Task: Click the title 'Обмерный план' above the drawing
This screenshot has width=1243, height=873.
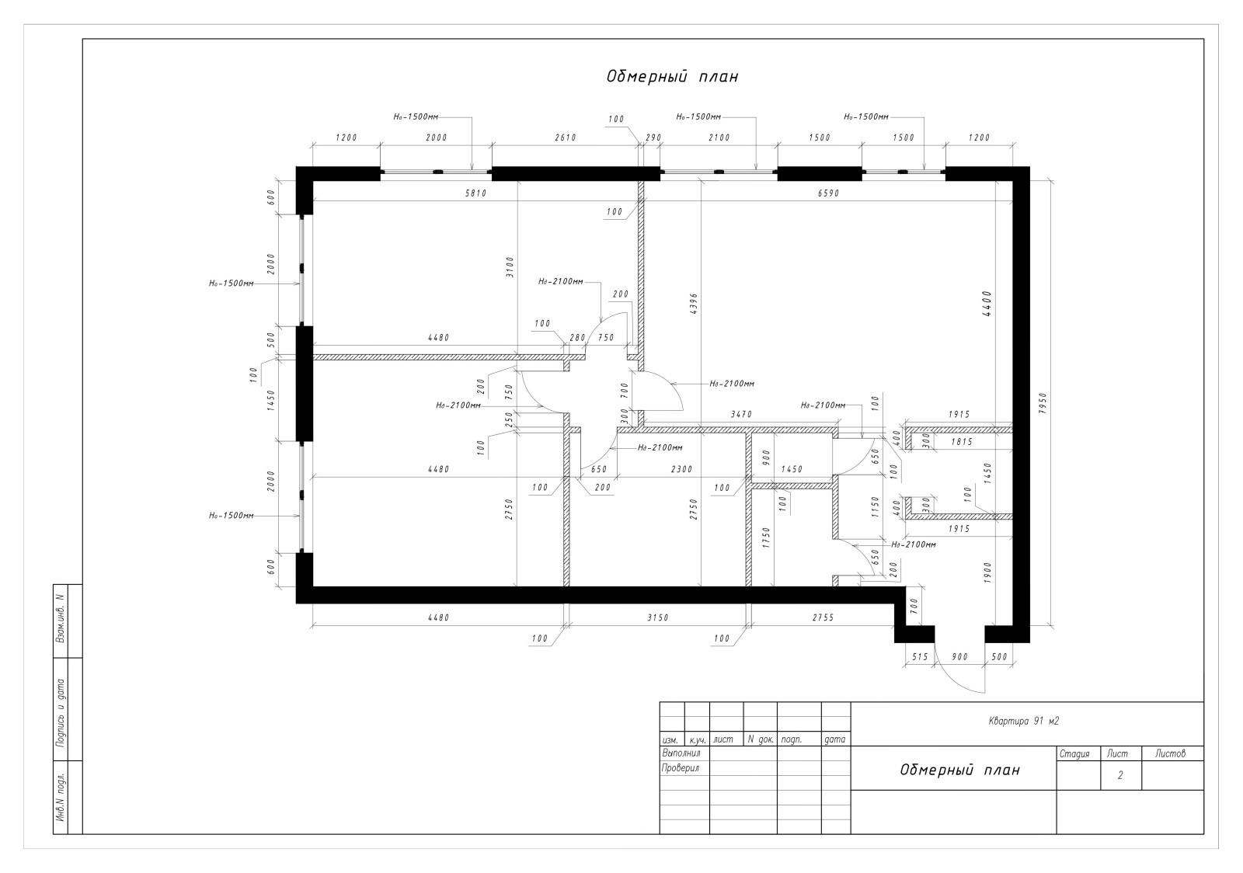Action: tap(672, 77)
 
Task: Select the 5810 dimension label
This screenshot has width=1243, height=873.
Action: tap(475, 193)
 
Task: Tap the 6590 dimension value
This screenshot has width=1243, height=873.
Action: tap(828, 193)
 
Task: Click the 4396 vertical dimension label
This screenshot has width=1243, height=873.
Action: tap(694, 304)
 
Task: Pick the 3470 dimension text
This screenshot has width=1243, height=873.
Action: tap(741, 414)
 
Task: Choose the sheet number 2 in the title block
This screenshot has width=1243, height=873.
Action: tap(1120, 775)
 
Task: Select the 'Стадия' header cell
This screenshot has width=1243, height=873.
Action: tap(1075, 753)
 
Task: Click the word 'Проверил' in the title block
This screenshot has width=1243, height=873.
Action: tap(681, 769)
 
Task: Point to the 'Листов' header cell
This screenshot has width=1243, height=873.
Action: tap(1170, 753)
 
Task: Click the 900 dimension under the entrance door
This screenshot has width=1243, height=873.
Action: tap(959, 657)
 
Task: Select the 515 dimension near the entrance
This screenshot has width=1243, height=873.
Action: tap(920, 657)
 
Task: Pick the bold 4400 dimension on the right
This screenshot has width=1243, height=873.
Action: tap(987, 304)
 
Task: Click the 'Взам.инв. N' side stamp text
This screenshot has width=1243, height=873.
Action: tap(61, 620)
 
